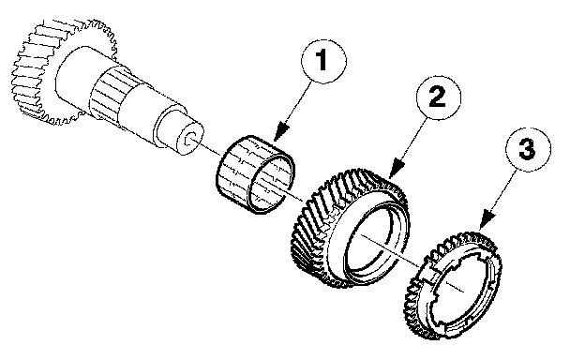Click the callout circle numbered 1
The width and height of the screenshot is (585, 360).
(x=323, y=61)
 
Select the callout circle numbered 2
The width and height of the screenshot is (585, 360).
(x=439, y=97)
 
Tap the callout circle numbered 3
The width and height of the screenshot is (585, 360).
(x=528, y=149)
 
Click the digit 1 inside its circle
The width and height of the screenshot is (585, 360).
(x=322, y=60)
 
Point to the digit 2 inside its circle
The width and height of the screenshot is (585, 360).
(x=438, y=97)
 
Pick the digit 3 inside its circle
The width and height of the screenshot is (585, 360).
(x=527, y=148)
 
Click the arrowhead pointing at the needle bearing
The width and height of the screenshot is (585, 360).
(x=281, y=132)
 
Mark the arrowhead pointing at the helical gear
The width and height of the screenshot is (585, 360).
(x=397, y=168)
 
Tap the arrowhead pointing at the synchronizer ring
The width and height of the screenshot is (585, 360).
(x=487, y=219)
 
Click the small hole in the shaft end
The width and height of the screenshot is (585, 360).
(x=192, y=138)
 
